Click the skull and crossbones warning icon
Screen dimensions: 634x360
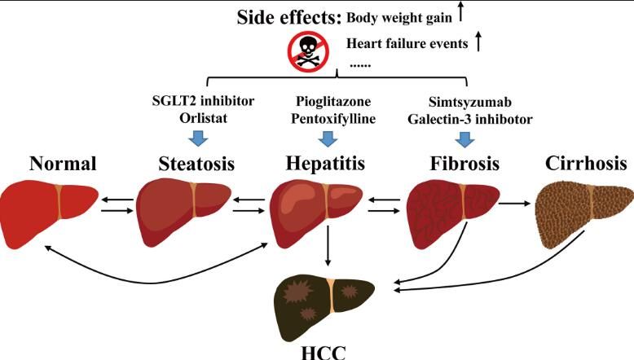click(x=308, y=52)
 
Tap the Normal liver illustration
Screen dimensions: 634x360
click(x=49, y=214)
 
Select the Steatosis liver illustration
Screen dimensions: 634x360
click(x=183, y=212)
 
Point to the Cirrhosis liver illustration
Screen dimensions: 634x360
click(x=584, y=215)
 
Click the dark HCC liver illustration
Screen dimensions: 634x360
click(x=324, y=307)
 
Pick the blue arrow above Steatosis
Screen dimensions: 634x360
click(x=198, y=138)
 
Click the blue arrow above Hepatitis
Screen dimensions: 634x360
click(x=328, y=138)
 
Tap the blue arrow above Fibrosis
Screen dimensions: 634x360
click(x=465, y=139)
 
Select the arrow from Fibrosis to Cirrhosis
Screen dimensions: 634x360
click(x=514, y=204)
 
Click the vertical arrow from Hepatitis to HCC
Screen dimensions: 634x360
click(x=328, y=246)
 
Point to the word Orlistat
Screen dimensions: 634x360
click(x=204, y=118)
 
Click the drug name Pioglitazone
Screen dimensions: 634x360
click(x=333, y=101)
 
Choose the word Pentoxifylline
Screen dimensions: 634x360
click(x=333, y=119)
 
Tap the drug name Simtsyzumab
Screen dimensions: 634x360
click(x=470, y=102)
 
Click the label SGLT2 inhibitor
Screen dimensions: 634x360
click(x=203, y=101)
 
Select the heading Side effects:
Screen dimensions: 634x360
click(x=289, y=17)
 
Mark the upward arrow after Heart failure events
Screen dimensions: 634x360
click(x=478, y=42)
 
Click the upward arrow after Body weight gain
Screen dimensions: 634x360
click(x=460, y=11)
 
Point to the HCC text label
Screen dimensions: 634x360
click(x=324, y=353)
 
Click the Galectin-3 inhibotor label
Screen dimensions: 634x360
click(x=470, y=120)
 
